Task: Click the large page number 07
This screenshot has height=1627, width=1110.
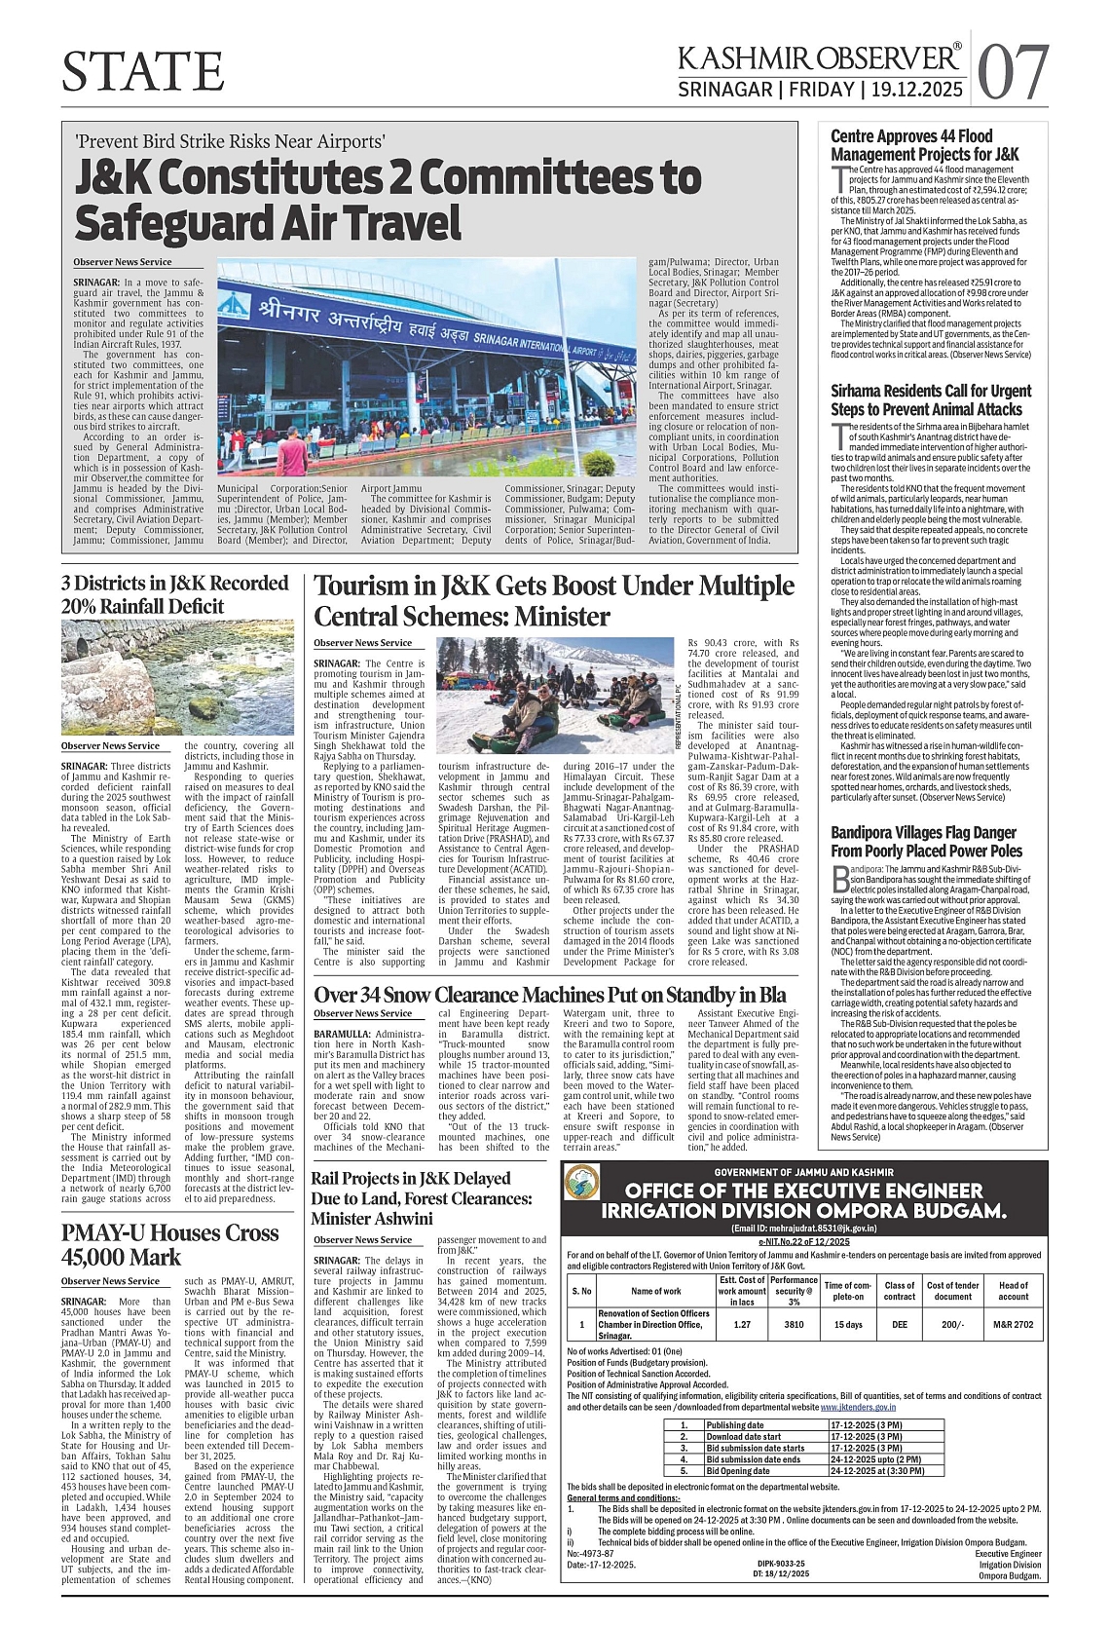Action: pos(1013,72)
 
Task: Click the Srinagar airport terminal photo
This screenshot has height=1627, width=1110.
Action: pos(427,367)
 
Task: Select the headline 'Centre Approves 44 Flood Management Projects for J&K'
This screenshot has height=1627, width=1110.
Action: pos(924,145)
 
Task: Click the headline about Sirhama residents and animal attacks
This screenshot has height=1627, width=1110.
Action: pos(930,400)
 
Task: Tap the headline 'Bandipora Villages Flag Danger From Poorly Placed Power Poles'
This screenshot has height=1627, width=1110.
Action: pos(926,842)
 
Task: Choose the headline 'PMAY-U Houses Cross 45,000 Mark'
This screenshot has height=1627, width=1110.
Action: pos(169,1244)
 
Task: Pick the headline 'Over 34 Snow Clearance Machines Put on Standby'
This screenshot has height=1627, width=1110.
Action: pos(549,996)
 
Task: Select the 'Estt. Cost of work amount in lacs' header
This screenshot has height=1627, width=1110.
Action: pos(741,1290)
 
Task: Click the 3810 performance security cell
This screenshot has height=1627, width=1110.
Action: pos(794,1324)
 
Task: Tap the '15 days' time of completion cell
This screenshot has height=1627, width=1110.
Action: pos(848,1324)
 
